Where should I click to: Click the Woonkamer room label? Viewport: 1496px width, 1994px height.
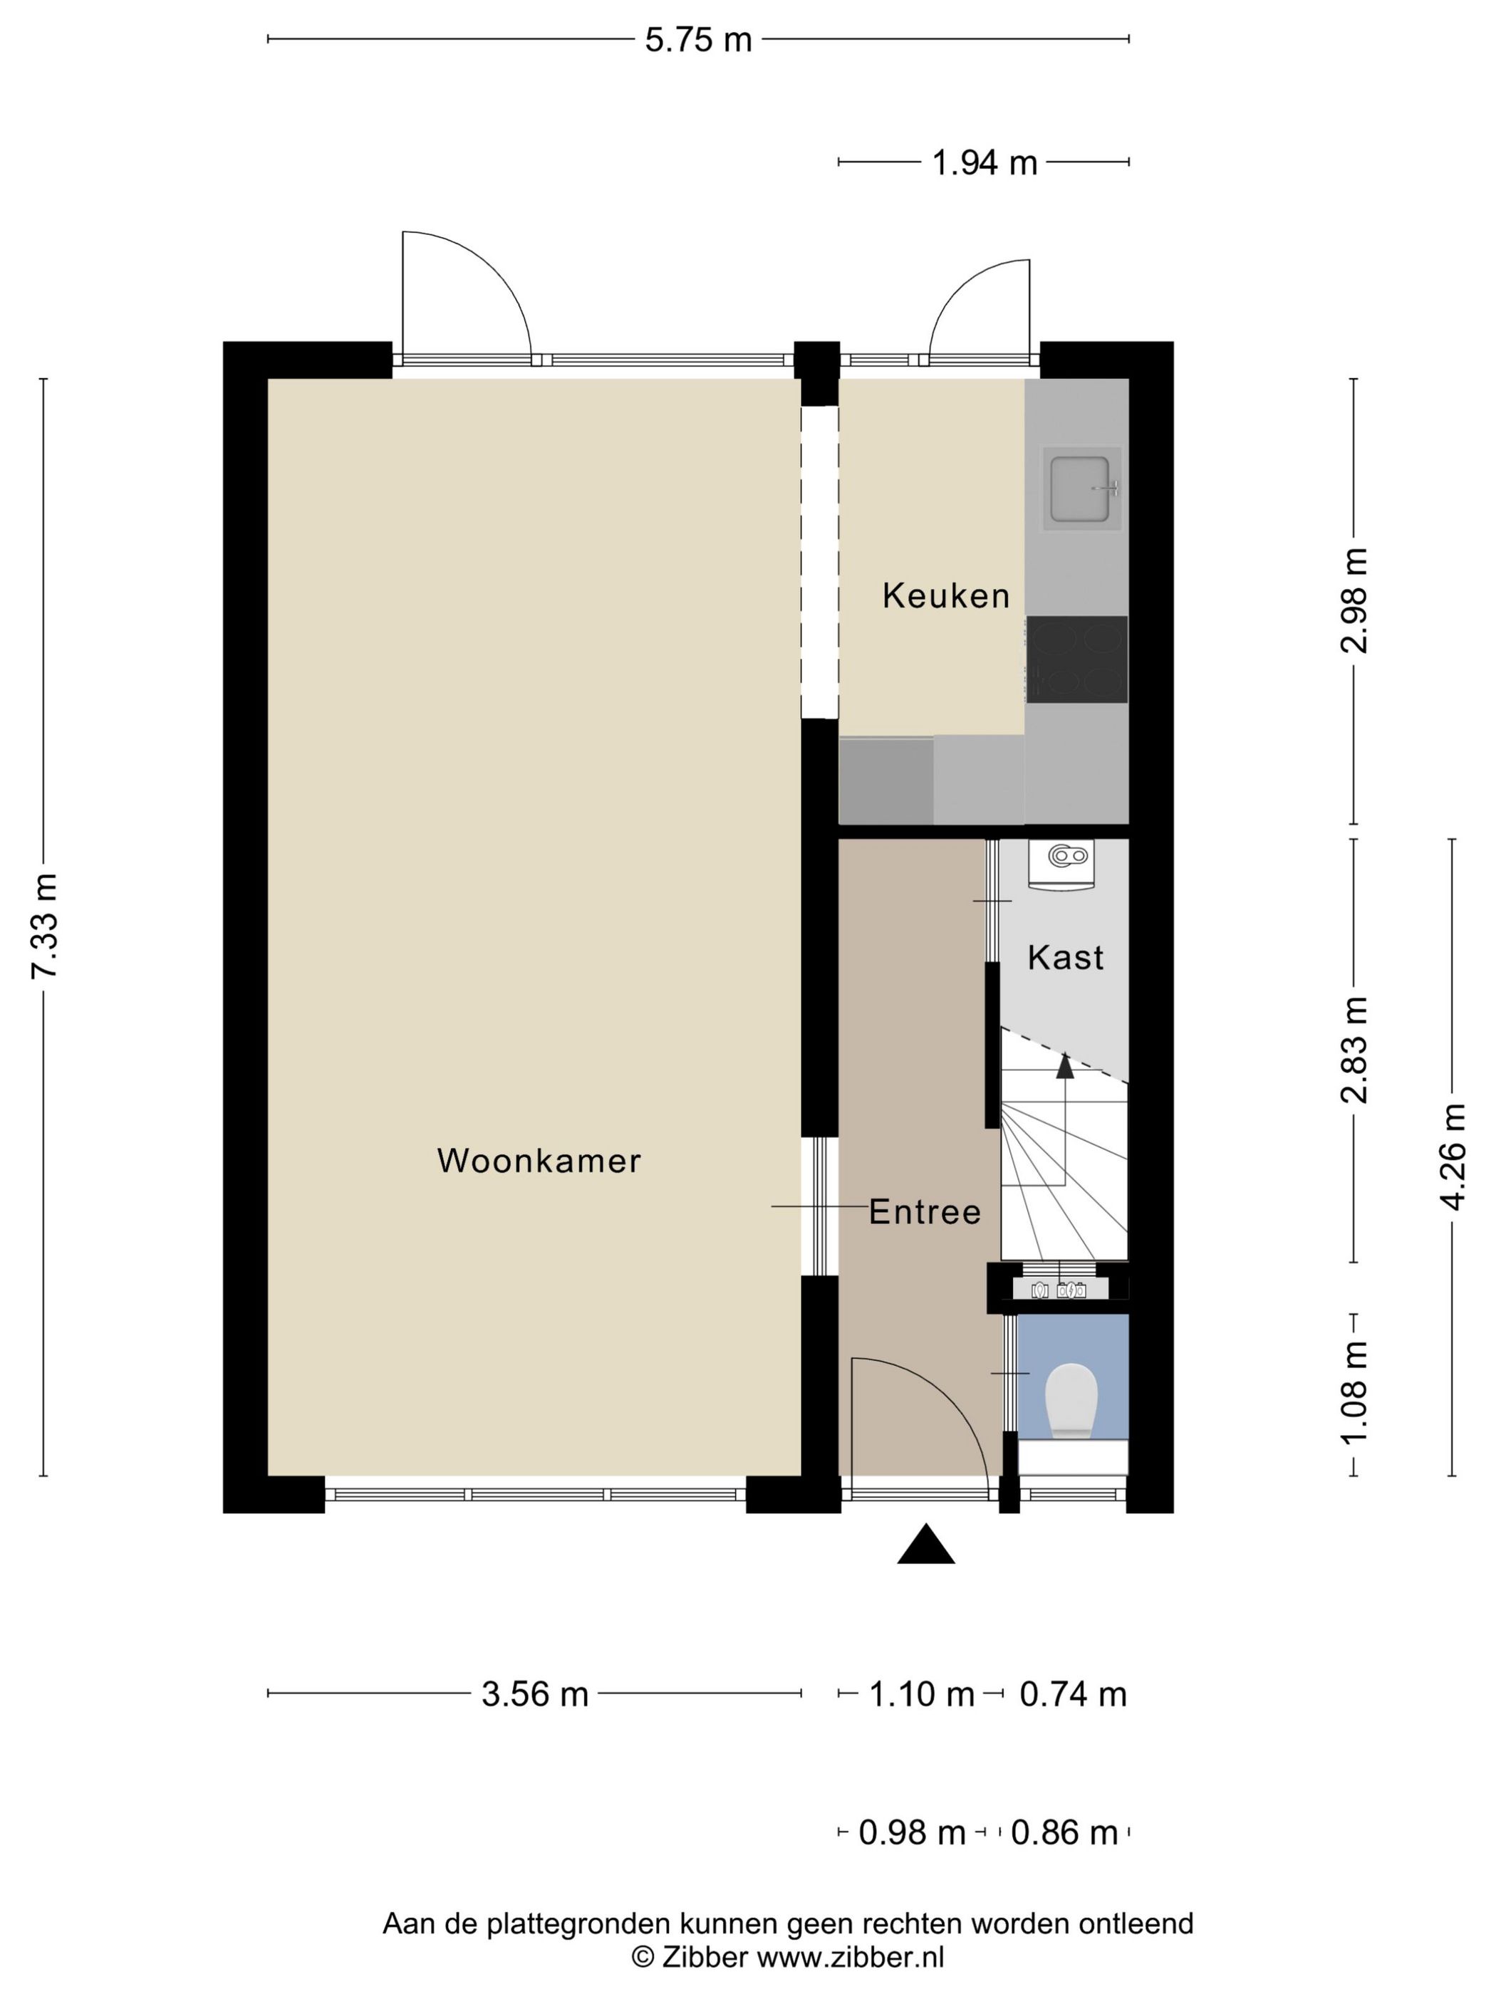pyautogui.click(x=539, y=1160)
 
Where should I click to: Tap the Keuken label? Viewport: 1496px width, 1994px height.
pyautogui.click(x=945, y=596)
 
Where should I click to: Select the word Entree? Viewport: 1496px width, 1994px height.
pyautogui.click(x=924, y=1211)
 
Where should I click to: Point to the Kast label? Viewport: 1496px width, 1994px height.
pyautogui.click(x=1065, y=957)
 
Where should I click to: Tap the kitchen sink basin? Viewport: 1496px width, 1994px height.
pyautogui.click(x=1079, y=488)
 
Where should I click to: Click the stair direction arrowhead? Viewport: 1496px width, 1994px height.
pyautogui.click(x=1065, y=1066)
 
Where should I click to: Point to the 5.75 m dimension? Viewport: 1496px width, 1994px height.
pyautogui.click(x=698, y=40)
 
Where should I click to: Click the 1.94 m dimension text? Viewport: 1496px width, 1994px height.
pyautogui.click(x=984, y=163)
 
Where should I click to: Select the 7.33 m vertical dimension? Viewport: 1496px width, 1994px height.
pyautogui.click(x=44, y=926)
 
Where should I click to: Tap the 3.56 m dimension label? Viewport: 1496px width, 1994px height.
pyautogui.click(x=535, y=1695)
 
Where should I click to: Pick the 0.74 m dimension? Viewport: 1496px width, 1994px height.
pyautogui.click(x=1073, y=1695)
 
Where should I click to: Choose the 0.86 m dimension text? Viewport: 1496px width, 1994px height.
pyautogui.click(x=1064, y=1832)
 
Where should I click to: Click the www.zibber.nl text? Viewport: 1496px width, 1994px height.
pyautogui.click(x=849, y=1957)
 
